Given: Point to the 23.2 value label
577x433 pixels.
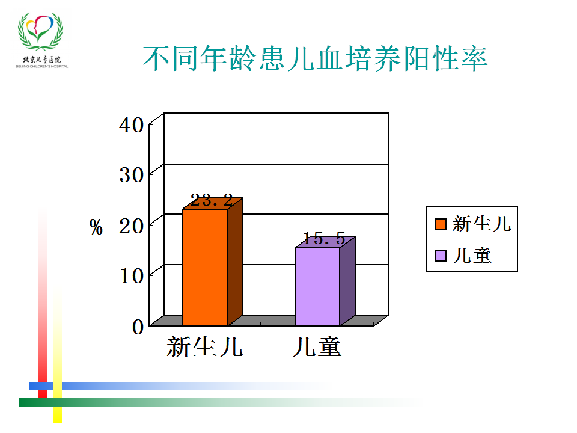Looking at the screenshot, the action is click(212, 201).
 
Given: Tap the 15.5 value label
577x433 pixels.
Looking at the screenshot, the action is click(324, 239).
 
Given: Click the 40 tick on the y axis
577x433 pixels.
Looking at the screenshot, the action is click(132, 125).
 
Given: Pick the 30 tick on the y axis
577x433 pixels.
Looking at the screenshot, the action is click(132, 175).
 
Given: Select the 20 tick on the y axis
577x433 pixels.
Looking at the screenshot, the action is click(132, 226).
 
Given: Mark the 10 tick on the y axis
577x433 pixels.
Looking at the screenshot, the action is click(132, 276).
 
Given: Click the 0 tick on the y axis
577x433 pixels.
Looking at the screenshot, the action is click(138, 327).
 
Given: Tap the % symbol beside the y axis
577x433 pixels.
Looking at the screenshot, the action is click(96, 227).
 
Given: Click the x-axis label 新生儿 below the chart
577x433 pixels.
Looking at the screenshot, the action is click(204, 347).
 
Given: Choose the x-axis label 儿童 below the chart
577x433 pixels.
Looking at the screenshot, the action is click(317, 347).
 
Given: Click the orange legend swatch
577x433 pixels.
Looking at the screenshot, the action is click(441, 224).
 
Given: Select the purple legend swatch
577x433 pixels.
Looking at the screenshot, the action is click(441, 256).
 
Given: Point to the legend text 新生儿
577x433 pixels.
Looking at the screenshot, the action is click(481, 224).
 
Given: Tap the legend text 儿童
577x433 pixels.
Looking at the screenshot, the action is click(472, 256).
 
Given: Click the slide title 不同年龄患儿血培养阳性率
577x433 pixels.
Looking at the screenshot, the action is click(315, 58).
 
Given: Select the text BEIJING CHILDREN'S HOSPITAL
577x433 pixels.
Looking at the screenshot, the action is click(41, 67).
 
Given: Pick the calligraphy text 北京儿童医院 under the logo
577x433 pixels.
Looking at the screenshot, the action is click(41, 60).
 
